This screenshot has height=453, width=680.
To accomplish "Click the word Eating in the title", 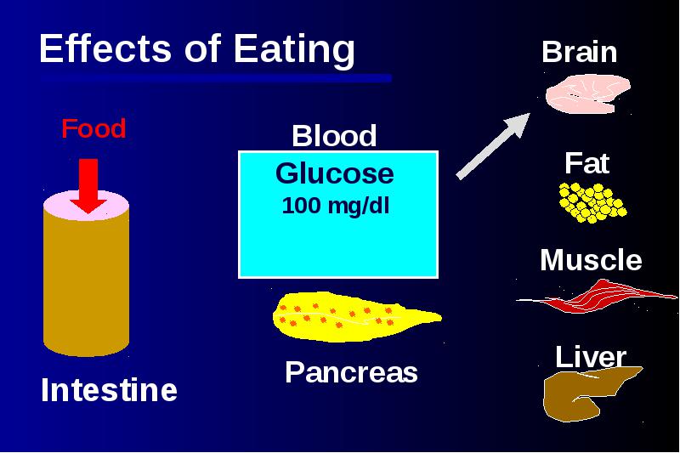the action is click(294, 49).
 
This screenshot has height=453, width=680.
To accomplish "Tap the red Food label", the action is click(93, 128).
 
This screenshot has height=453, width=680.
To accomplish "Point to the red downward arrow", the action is click(88, 185).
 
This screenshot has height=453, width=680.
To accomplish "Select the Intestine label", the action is click(110, 390).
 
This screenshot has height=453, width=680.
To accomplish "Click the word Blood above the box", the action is click(334, 136).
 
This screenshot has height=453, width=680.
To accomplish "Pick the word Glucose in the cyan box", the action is click(335, 173).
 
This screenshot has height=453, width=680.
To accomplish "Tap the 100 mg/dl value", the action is click(336, 206).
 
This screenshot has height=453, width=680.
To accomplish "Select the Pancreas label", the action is click(351, 372).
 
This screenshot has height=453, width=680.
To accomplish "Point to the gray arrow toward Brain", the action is click(493, 145).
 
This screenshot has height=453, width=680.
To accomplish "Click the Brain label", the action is click(580, 52).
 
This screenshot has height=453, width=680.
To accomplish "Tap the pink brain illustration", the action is click(587, 93).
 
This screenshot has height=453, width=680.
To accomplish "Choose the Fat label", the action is click(587, 163).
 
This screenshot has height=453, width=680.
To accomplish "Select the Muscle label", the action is click(591, 260).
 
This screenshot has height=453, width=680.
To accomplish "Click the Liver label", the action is click(591, 357).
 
